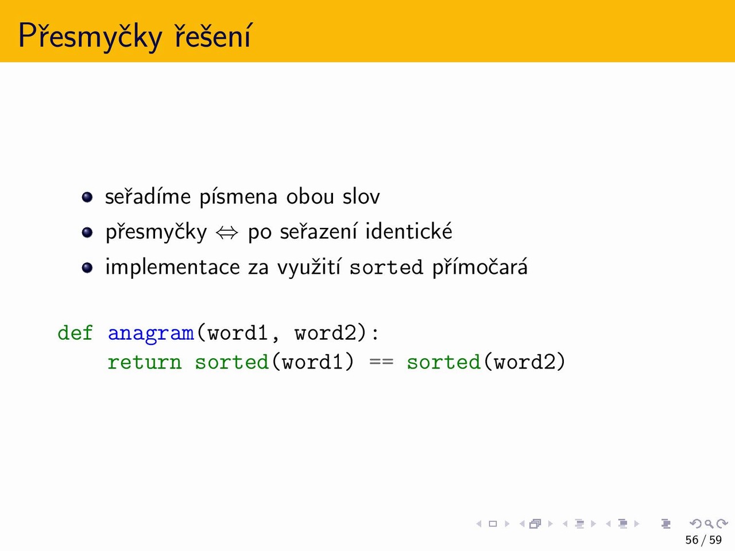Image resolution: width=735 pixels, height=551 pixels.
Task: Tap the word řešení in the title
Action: pyautogui.click(x=212, y=35)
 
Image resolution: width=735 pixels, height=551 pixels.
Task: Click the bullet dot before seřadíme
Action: pyautogui.click(x=87, y=197)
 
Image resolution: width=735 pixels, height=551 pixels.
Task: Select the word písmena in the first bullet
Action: pyautogui.click(x=238, y=197)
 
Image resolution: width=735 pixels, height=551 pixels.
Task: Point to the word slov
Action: pyautogui.click(x=361, y=196)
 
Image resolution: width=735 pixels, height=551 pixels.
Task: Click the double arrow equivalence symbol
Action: pyautogui.click(x=227, y=233)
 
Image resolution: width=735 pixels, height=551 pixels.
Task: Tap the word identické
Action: pyautogui.click(x=409, y=231)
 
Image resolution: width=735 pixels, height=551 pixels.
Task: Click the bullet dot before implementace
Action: pyautogui.click(x=87, y=267)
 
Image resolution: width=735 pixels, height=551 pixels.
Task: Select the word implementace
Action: pyautogui.click(x=173, y=268)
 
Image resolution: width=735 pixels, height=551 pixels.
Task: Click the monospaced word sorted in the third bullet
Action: pyautogui.click(x=386, y=267)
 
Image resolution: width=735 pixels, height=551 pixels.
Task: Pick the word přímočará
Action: pyautogui.click(x=480, y=267)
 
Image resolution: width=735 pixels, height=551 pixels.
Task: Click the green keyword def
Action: pyautogui.click(x=75, y=333)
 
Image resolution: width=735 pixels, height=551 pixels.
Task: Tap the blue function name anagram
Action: pyautogui.click(x=151, y=334)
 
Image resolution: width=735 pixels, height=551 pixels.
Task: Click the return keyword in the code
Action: pyautogui.click(x=144, y=363)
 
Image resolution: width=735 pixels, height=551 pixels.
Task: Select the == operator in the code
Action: pyautogui.click(x=381, y=362)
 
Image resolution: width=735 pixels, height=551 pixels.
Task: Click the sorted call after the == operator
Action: pyautogui.click(x=444, y=362)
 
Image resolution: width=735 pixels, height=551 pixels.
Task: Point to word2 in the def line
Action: pyautogui.click(x=326, y=333)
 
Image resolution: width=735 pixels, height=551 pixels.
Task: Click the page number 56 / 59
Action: pyautogui.click(x=703, y=540)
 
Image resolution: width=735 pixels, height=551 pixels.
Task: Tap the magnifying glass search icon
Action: pyautogui.click(x=709, y=524)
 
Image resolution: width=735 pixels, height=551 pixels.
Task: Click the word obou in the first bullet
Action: pyautogui.click(x=310, y=196)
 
